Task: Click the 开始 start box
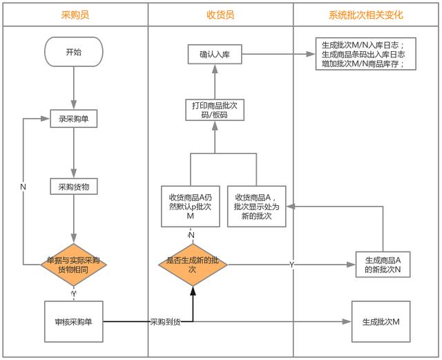73,51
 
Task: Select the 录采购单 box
73,119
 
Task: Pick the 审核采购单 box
73,321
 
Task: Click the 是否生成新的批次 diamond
193,265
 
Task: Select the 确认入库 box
214,55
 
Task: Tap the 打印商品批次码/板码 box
214,110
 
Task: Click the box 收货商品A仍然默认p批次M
191,206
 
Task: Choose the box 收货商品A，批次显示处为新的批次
257,206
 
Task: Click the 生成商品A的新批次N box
382,265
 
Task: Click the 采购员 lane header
74,15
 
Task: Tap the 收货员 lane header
220,15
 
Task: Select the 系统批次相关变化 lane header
366,15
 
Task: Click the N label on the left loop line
23,187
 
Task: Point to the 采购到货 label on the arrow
165,322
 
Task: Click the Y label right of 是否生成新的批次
291,265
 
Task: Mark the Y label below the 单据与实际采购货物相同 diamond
73,294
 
